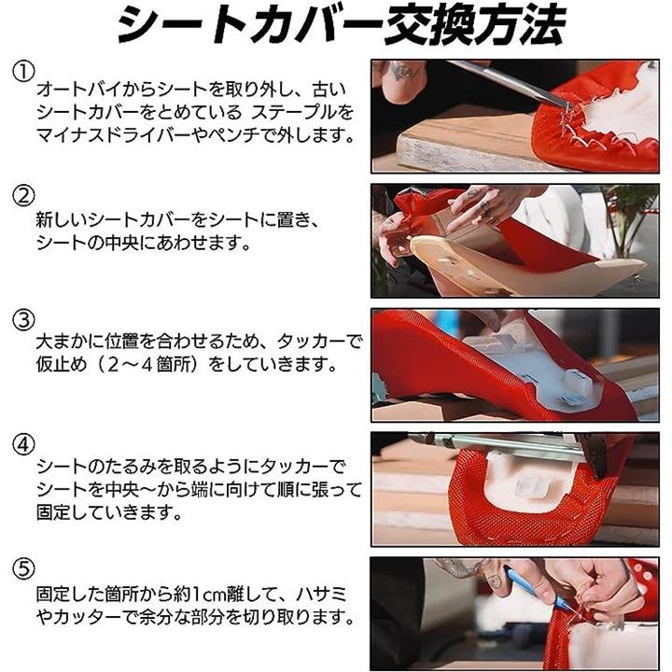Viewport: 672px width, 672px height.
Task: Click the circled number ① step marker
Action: [23, 72]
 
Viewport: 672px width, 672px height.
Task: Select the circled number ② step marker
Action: [23, 196]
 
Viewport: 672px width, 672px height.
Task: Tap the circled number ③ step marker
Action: [23, 320]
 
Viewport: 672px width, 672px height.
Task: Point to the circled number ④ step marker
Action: [23, 444]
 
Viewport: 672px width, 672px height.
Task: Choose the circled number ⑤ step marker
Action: [23, 568]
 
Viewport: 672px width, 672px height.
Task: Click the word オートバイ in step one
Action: [78, 90]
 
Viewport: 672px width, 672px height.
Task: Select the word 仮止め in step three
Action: [62, 366]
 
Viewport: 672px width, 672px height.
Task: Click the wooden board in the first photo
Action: [463, 145]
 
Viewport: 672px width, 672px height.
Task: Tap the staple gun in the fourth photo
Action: [514, 451]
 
